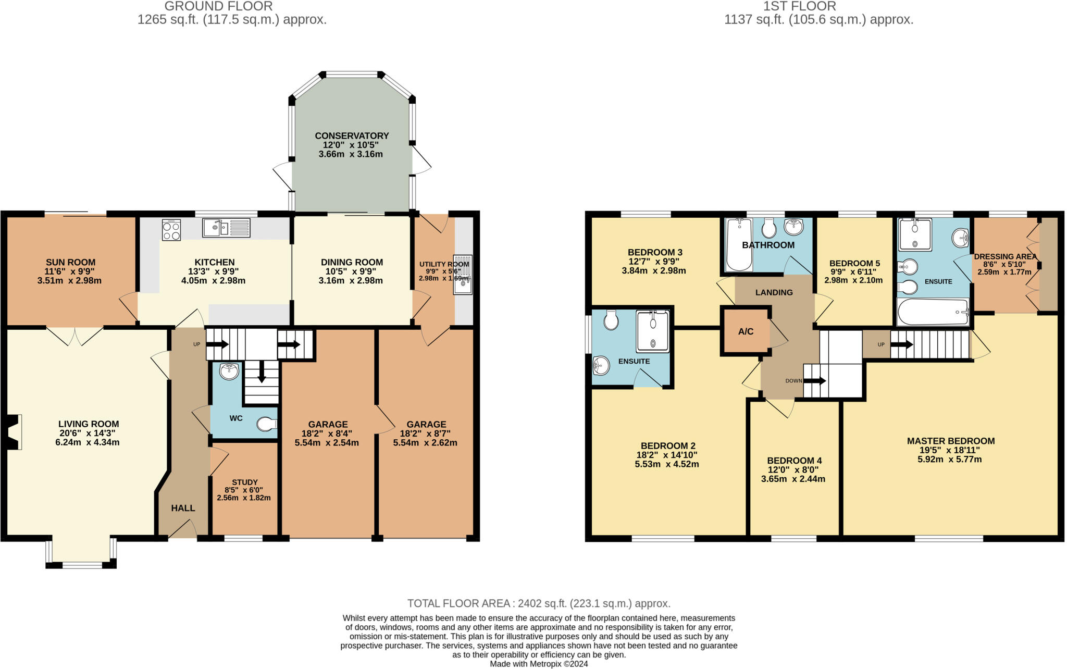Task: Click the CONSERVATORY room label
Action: coord(352,135)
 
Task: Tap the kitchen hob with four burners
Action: coord(171,230)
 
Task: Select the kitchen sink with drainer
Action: coord(227,228)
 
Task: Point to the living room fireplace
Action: coord(14,431)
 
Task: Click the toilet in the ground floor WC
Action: coord(267,424)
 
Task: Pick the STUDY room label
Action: coord(244,482)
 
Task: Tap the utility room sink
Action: coord(463,275)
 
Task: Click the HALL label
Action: coord(183,508)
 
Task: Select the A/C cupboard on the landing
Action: coord(746,331)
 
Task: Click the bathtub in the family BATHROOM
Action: coord(739,245)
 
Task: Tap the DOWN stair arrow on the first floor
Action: coord(815,381)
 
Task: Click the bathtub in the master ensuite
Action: coord(933,312)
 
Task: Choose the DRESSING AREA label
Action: coord(1005,256)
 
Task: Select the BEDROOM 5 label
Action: coord(854,263)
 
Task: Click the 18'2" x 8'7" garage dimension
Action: coord(425,433)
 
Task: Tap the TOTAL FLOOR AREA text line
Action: coord(539,603)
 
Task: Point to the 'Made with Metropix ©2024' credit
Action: coord(539,664)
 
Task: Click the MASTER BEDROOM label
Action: coord(950,441)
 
